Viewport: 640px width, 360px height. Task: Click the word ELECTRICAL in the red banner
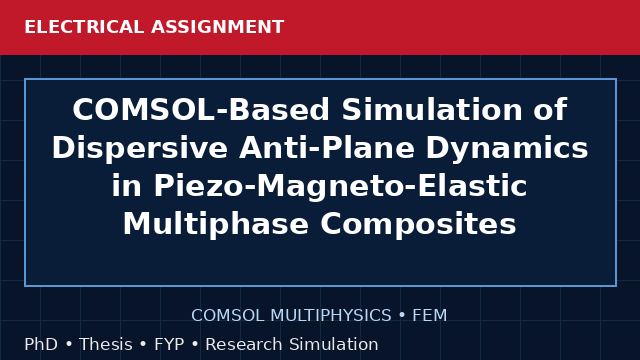(x=84, y=27)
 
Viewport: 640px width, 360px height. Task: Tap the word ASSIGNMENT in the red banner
(x=218, y=27)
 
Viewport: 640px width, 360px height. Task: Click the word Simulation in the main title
(x=432, y=109)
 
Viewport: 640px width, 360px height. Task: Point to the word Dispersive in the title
(x=140, y=148)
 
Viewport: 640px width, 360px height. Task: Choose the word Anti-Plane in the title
(x=327, y=148)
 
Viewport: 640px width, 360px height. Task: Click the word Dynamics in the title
(x=507, y=148)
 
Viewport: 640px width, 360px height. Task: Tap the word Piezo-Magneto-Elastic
(x=340, y=186)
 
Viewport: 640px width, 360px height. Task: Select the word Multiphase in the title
(x=216, y=224)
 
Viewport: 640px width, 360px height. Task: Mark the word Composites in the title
(x=418, y=224)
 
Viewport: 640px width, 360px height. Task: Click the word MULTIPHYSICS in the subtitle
(x=331, y=315)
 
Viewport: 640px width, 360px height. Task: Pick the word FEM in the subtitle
(x=429, y=315)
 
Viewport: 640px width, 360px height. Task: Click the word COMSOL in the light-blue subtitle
(x=228, y=315)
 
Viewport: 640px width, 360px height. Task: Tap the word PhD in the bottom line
(x=41, y=344)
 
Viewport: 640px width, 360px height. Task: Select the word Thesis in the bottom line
(x=106, y=344)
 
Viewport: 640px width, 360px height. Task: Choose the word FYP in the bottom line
(x=169, y=344)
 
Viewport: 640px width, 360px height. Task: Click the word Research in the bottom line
(x=244, y=344)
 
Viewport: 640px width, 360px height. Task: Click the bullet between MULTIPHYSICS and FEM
(x=402, y=316)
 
